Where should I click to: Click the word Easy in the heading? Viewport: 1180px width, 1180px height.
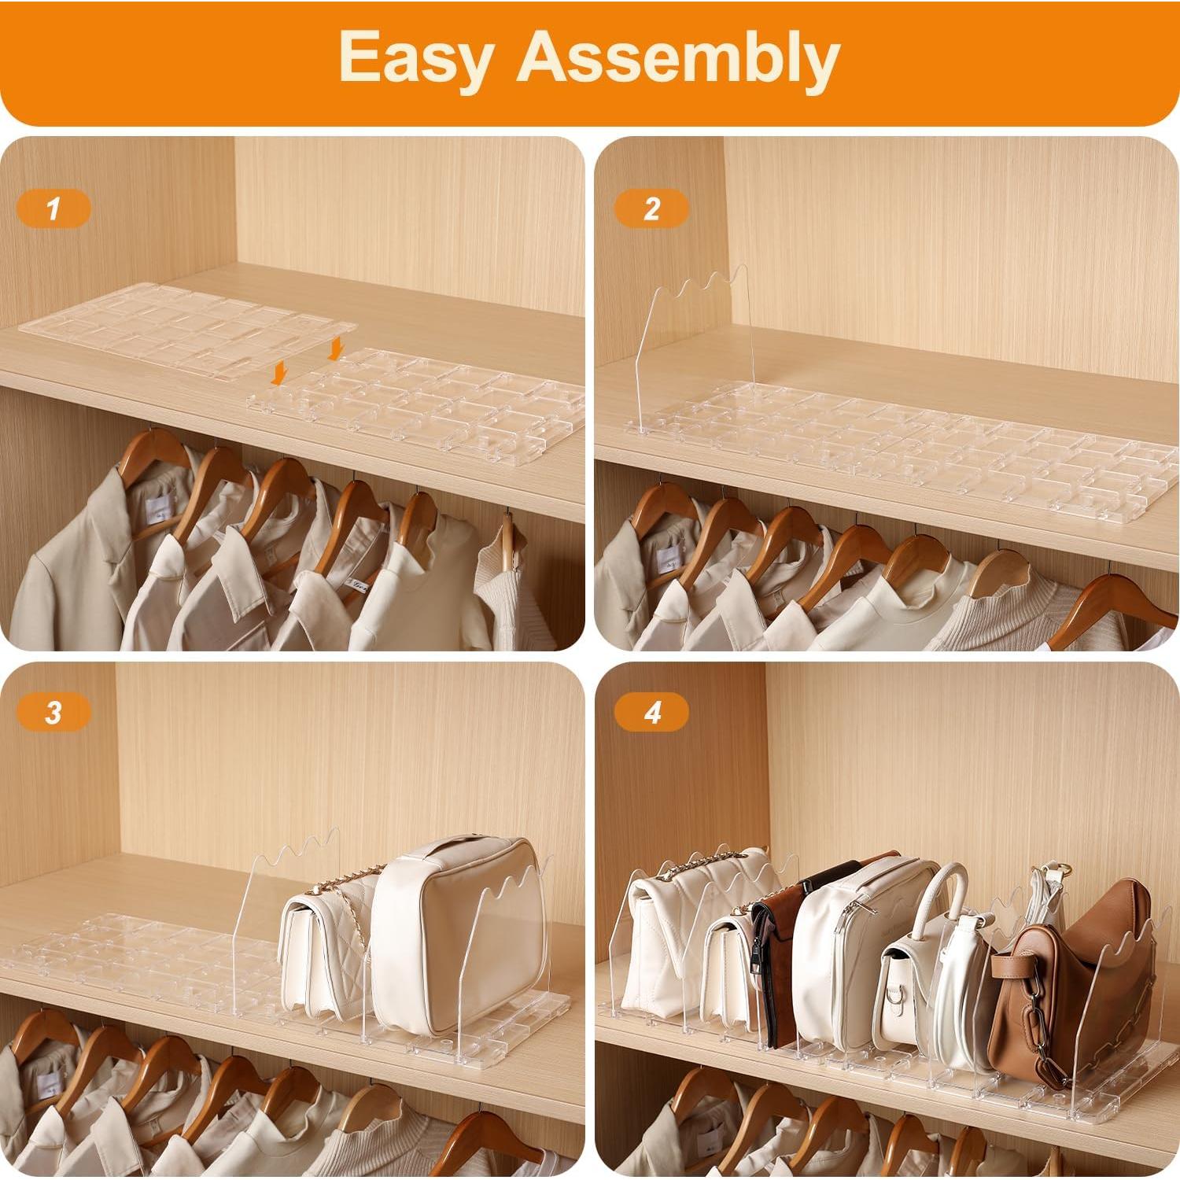[x=415, y=58]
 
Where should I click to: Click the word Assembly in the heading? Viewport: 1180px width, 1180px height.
[x=678, y=58]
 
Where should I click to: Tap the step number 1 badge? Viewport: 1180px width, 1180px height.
[x=53, y=209]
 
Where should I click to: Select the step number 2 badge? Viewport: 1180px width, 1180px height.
[x=651, y=209]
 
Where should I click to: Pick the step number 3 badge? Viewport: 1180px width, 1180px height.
[x=53, y=713]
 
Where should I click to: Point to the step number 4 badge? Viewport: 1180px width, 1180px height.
[x=651, y=713]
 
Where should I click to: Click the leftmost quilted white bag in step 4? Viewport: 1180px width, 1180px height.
[x=665, y=936]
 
